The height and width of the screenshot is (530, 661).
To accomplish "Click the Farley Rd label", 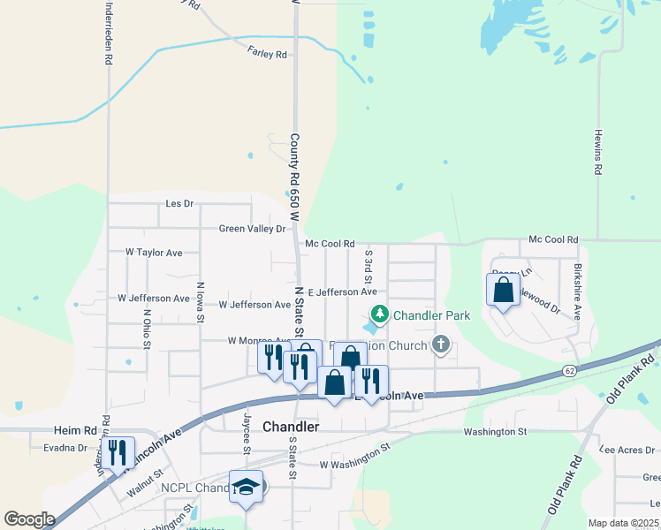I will coord(269,55).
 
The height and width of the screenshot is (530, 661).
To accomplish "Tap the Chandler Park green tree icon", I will coord(380,314).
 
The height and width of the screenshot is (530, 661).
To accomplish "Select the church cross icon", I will coord(441,344).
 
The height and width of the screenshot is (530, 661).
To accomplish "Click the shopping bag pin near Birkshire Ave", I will coord(503,291).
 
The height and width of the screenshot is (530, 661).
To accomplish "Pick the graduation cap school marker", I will coord(247,486).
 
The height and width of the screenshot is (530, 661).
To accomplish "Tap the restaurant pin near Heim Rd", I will coord(118,452).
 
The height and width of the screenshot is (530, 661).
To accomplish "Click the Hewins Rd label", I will coord(598,158).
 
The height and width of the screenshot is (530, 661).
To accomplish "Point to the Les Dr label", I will coord(179,204).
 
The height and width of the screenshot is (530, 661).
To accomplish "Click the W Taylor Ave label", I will coord(154,253).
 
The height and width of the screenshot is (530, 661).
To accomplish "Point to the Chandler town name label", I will coord(291,427).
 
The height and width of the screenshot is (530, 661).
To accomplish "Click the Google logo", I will coord(29,519).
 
